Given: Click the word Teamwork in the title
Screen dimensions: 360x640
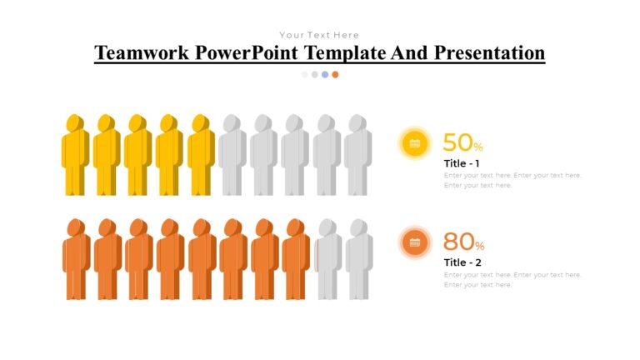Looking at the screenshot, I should pyautogui.click(x=142, y=53).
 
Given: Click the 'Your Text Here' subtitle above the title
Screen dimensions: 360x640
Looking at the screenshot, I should pyautogui.click(x=319, y=35).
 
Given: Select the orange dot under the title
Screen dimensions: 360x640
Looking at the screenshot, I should pyautogui.click(x=335, y=74).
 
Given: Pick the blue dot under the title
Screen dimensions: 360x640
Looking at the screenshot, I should pyautogui.click(x=325, y=74).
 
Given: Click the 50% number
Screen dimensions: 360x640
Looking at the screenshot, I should pyautogui.click(x=462, y=142).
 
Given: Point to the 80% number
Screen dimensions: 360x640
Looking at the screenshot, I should pyautogui.click(x=462, y=242).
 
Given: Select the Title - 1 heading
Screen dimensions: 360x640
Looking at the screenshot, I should pyautogui.click(x=462, y=162).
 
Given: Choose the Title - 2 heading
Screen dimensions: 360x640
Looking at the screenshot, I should pyautogui.click(x=462, y=262).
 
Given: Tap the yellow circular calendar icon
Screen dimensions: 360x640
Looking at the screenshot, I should pyautogui.click(x=415, y=143).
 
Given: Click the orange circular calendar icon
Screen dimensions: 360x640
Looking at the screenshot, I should pyautogui.click(x=415, y=242).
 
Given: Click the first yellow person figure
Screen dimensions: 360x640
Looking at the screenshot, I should pyautogui.click(x=75, y=157).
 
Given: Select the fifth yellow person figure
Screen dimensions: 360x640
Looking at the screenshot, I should pyautogui.click(x=201, y=157).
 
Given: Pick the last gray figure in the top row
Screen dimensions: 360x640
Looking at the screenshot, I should pyautogui.click(x=358, y=157).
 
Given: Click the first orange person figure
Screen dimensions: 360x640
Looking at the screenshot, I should pyautogui.click(x=76, y=260).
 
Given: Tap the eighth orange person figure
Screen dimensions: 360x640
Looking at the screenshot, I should pyautogui.click(x=296, y=260).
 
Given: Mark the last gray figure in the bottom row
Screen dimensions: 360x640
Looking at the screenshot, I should pyautogui.click(x=359, y=260).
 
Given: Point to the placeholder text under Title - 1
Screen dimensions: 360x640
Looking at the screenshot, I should pyautogui.click(x=512, y=180).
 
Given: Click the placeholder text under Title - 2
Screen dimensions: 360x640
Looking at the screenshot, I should pyautogui.click(x=512, y=279).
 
